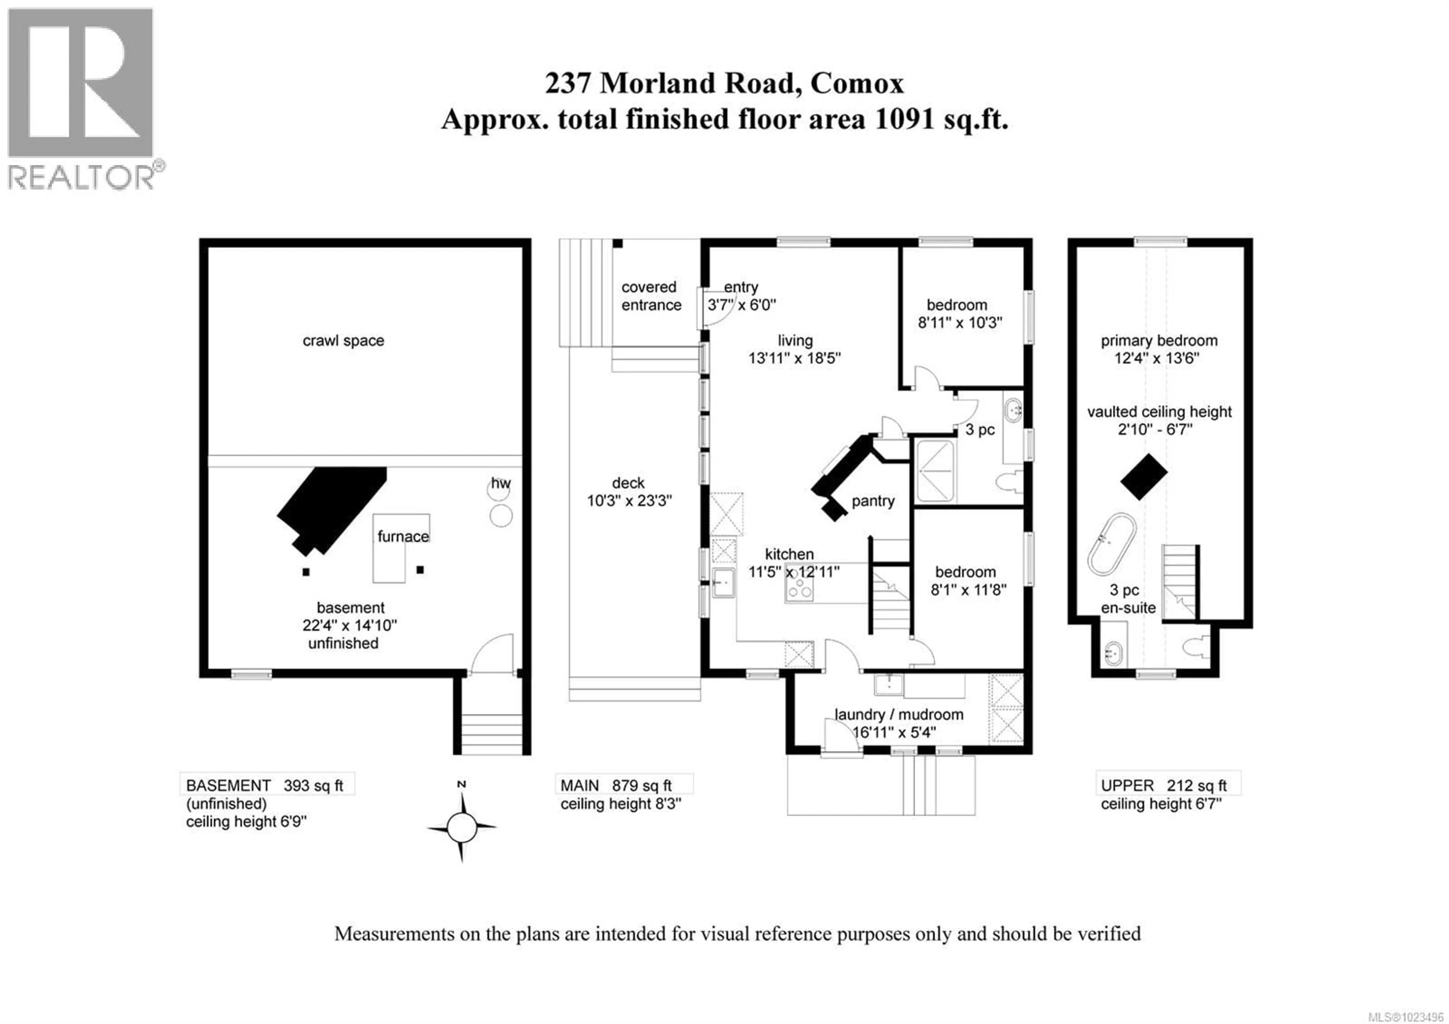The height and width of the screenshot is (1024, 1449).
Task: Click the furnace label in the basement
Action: pos(403,536)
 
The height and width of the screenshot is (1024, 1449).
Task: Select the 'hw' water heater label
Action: pos(500,484)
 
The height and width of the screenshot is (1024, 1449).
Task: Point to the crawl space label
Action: pos(343,341)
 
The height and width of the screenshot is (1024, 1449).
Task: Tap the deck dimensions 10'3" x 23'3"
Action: pos(629,501)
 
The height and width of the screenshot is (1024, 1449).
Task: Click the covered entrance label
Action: pos(651,296)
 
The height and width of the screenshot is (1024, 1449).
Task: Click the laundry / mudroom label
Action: pos(899,715)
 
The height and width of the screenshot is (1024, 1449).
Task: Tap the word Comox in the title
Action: pos(857,83)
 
